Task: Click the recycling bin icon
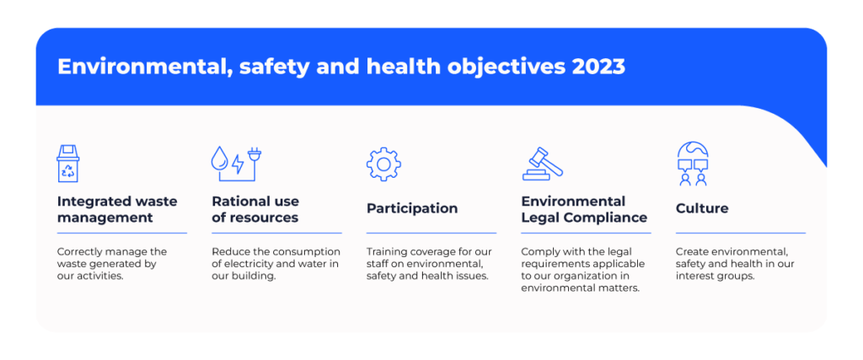(x=67, y=164)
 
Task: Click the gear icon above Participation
(x=383, y=164)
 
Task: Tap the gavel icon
(x=542, y=164)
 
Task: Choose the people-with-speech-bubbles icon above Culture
(x=693, y=164)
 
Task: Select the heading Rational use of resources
(x=255, y=209)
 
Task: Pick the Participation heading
(x=412, y=208)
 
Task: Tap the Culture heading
(x=702, y=208)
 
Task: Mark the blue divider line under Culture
(x=740, y=233)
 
